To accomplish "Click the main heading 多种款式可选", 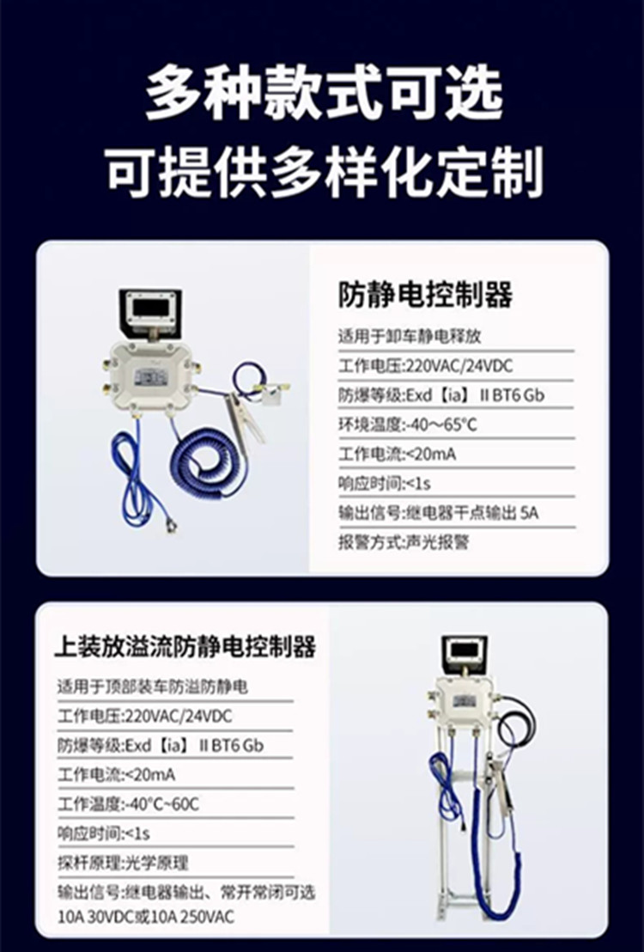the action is click(x=324, y=94).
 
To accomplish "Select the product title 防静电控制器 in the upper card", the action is click(x=425, y=295).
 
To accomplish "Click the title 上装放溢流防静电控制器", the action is click(x=185, y=647).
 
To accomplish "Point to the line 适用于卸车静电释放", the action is click(x=410, y=336).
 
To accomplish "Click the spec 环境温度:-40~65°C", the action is click(x=408, y=424).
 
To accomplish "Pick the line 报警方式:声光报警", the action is click(x=404, y=542).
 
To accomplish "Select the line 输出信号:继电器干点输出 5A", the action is click(x=438, y=513).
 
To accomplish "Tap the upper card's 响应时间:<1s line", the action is click(x=384, y=484).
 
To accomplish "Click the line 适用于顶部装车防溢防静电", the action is click(x=152, y=687).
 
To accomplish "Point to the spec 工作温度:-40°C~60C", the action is click(x=128, y=804).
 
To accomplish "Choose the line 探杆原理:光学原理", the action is click(x=123, y=863).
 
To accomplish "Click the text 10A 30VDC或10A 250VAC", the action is click(x=146, y=916).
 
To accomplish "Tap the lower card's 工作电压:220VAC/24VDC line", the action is click(x=144, y=717).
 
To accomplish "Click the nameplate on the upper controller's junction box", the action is click(x=150, y=378).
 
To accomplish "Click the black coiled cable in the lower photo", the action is click(x=516, y=723).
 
